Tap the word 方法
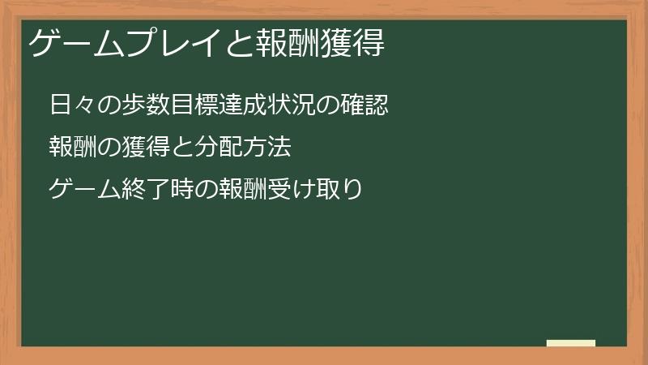tap(261, 148)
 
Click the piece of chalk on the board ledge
tap(571, 343)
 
